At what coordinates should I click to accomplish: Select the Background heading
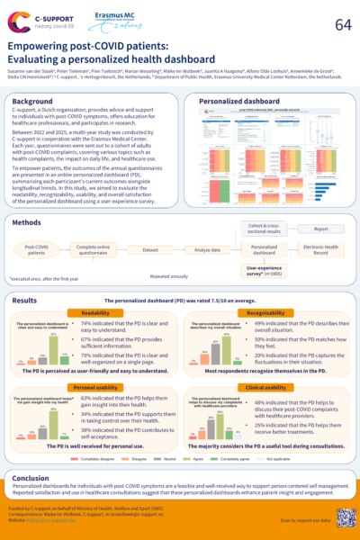tap(32, 102)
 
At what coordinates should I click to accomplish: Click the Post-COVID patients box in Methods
tap(37, 249)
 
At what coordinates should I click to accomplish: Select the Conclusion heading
tap(31, 478)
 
